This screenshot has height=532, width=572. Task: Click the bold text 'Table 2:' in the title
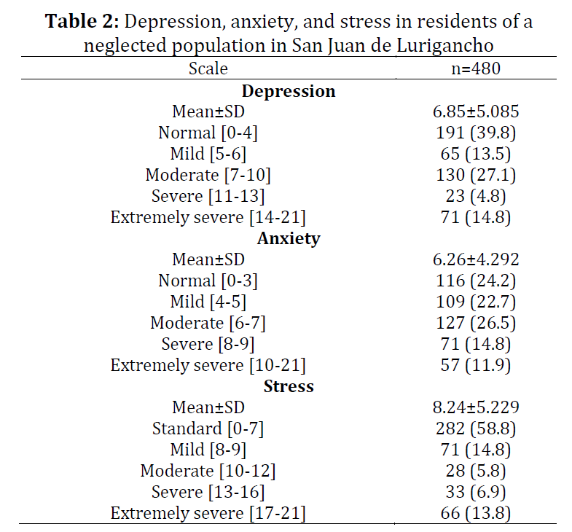[82, 21]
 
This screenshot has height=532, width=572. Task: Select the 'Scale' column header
[208, 69]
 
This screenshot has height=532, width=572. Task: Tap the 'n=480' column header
[476, 69]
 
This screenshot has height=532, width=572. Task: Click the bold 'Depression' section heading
[289, 91]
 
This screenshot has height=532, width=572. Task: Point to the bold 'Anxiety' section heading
[289, 238]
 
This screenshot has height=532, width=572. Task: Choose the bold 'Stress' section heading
[289, 386]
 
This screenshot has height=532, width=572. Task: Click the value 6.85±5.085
[476, 112]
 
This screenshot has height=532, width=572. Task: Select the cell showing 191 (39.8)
[476, 133]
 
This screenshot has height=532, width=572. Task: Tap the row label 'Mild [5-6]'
[208, 154]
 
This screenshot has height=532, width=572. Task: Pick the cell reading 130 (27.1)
[476, 175]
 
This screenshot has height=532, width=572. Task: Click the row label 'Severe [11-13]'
[208, 196]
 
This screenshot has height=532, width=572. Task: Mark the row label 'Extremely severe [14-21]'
[208, 217]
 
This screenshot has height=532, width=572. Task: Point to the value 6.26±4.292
[476, 259]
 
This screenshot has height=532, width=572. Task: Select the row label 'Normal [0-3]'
[208, 281]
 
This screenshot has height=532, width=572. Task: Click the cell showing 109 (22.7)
[476, 302]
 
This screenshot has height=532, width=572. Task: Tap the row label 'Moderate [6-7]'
[208, 323]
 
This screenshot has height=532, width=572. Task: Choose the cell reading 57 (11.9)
[476, 365]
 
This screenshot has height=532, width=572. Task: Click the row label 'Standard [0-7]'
[208, 429]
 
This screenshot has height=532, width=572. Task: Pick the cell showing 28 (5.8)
[476, 471]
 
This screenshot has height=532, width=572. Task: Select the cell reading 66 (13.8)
[476, 513]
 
